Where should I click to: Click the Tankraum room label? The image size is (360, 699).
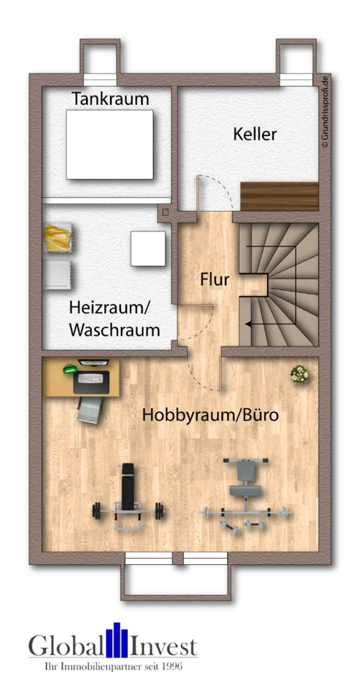110,99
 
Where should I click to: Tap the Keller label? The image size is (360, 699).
254,134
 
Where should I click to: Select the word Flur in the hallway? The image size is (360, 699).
215,280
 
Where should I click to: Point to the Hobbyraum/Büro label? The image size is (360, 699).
210,415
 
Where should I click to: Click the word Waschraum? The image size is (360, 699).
115,330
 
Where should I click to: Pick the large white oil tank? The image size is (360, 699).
110,144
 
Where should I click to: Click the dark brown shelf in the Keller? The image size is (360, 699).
279,194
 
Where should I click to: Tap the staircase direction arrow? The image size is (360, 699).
250,324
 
